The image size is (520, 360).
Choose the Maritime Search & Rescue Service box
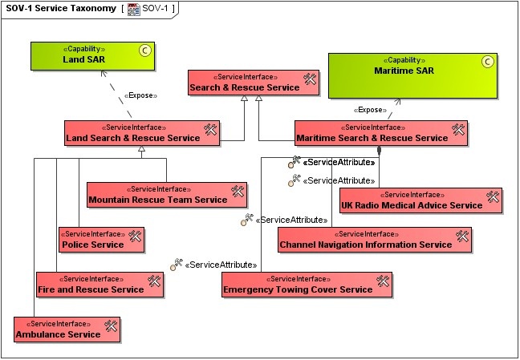point(380,132)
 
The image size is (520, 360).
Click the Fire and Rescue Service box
point(100,284)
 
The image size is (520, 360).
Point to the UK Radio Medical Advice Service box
point(420,200)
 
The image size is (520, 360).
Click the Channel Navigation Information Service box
point(374,239)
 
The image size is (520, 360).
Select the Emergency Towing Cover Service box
point(307,284)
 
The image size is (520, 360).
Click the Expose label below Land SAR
point(140,95)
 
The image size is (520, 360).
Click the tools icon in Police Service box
point(135,236)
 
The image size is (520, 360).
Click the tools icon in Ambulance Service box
point(112,326)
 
